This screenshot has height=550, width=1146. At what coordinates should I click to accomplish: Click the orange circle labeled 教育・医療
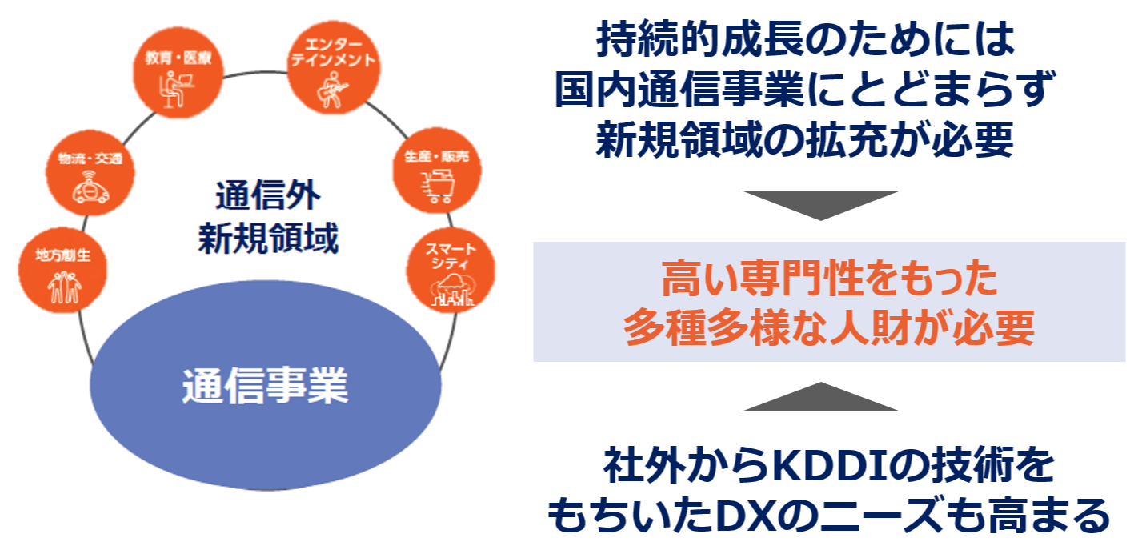click(x=178, y=72)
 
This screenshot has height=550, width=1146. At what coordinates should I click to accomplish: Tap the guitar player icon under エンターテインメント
click(x=332, y=90)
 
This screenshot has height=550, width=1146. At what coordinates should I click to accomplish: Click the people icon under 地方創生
click(x=64, y=287)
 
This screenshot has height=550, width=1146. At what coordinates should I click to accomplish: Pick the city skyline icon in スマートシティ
click(x=451, y=290)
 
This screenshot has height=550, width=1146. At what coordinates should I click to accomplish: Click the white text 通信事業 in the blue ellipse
click(x=265, y=385)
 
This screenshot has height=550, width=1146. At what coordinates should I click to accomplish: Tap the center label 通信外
click(x=267, y=195)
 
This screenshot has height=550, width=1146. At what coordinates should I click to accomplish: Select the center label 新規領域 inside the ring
click(x=268, y=238)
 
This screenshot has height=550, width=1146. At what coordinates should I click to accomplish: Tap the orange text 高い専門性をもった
click(x=829, y=279)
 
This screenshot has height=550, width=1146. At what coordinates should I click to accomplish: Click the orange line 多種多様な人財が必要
click(x=829, y=327)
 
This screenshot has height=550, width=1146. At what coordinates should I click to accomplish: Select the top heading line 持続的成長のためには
click(x=806, y=39)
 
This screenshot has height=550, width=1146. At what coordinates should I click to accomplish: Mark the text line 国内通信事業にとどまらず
click(x=805, y=89)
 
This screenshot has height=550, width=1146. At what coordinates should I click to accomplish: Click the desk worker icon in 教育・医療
click(x=177, y=90)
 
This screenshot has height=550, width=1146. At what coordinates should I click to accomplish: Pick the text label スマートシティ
click(x=451, y=256)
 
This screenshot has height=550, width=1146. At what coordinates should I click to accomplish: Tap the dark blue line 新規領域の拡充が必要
click(x=805, y=139)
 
